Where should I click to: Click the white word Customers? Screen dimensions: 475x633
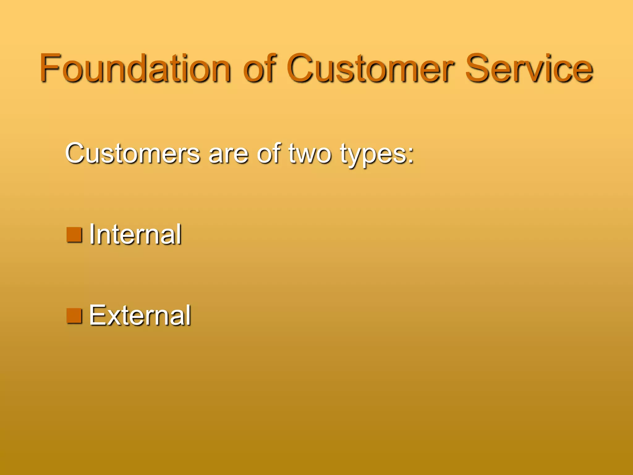[133, 153]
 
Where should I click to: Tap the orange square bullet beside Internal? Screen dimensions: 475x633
[74, 235]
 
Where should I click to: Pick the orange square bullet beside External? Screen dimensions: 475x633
[74, 316]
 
